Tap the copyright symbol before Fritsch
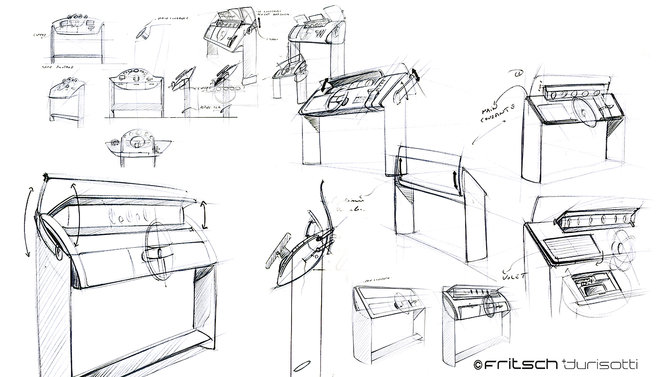(x=477, y=365)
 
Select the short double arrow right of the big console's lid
(x=204, y=216)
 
